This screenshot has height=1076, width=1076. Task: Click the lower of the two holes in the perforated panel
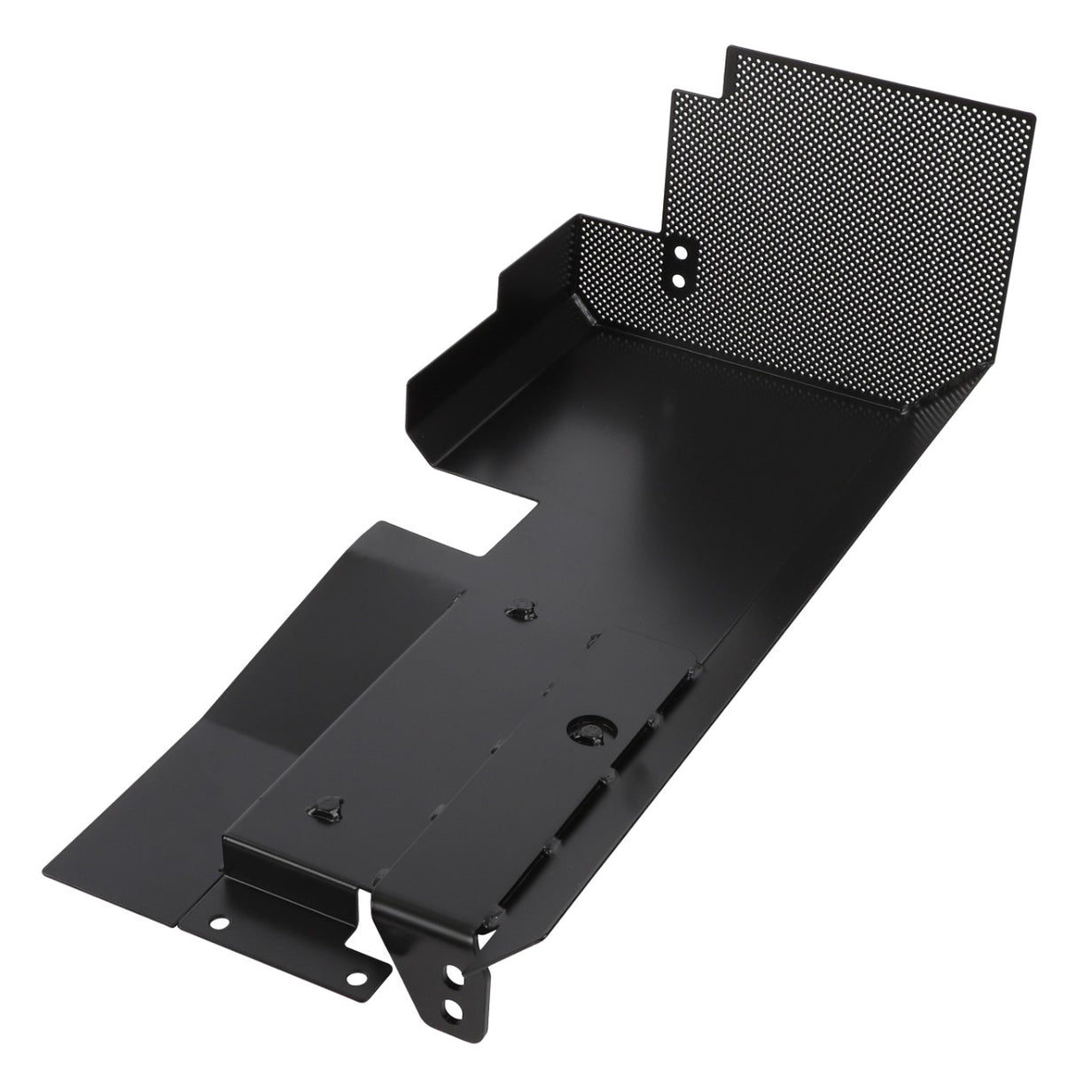tap(678, 280)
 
